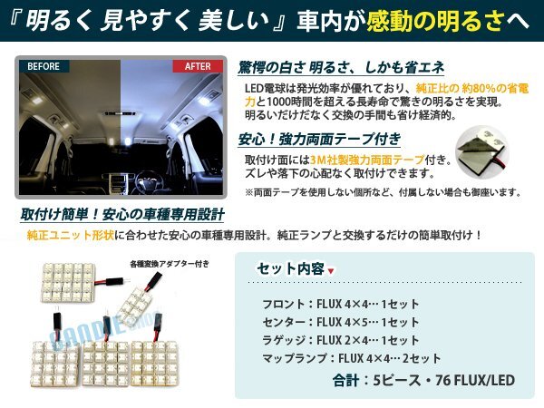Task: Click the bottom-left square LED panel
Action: tap(54, 364)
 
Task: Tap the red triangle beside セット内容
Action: tap(331, 271)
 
